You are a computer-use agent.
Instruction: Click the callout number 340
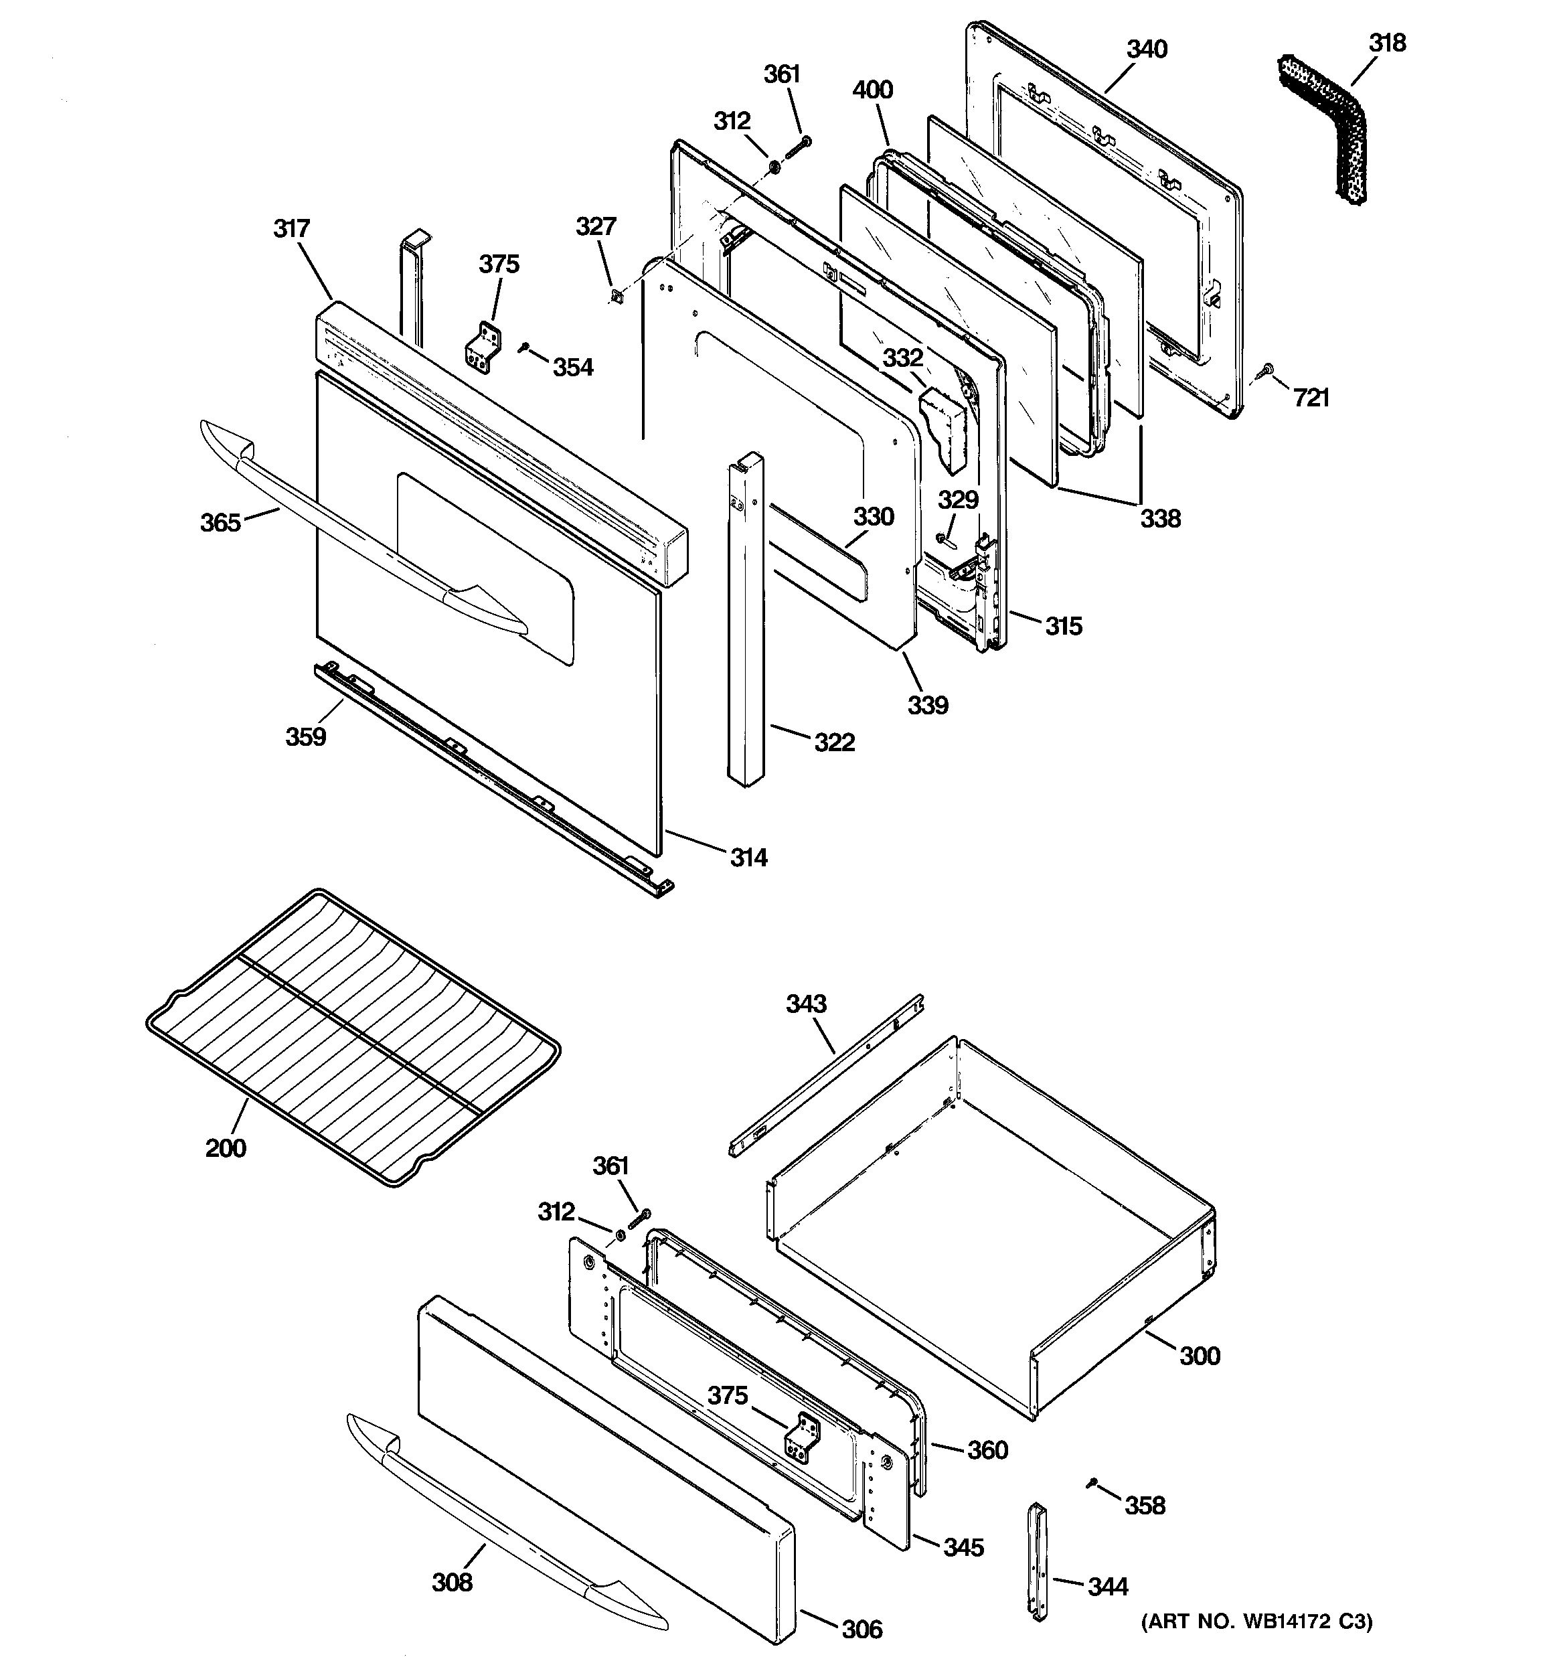[x=1147, y=50]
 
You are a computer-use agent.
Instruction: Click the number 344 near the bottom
[x=1108, y=1587]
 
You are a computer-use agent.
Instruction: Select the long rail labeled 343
[x=825, y=1075]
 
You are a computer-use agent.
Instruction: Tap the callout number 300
[x=1200, y=1356]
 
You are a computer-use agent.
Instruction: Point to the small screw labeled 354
[x=523, y=347]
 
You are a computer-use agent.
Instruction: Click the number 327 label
[x=596, y=227]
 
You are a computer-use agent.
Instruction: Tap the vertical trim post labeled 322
[x=745, y=621]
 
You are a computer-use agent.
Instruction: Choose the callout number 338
[x=1160, y=520]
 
